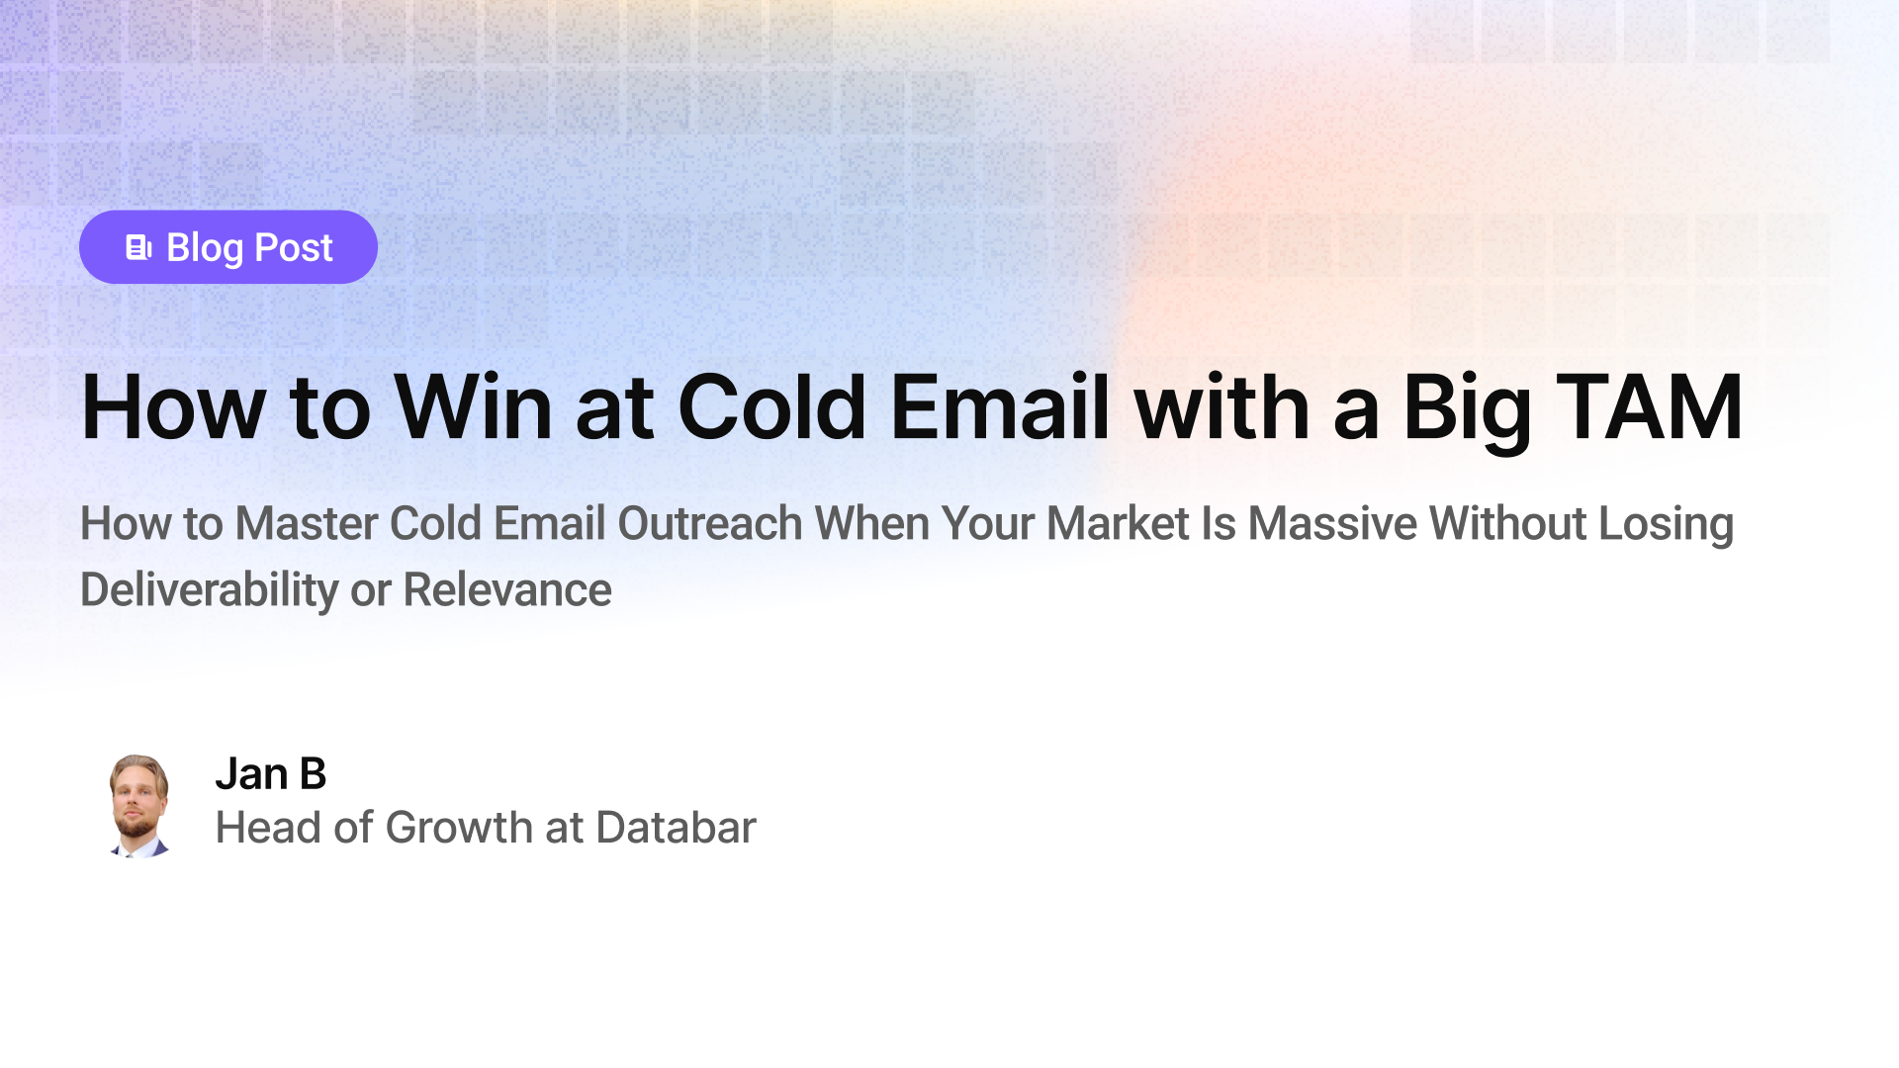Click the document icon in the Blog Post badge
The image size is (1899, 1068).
point(138,247)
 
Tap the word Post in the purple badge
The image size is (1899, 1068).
point(294,247)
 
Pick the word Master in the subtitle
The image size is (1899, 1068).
point(306,523)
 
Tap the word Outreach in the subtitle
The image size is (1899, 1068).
point(709,523)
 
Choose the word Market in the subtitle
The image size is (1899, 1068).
point(1118,523)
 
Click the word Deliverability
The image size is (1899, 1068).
point(209,590)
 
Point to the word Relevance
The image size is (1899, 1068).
point(507,590)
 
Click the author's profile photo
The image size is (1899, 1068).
point(138,805)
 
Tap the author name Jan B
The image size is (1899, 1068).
point(270,773)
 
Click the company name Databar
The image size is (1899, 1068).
point(676,828)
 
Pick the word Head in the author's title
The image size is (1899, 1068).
point(268,828)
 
